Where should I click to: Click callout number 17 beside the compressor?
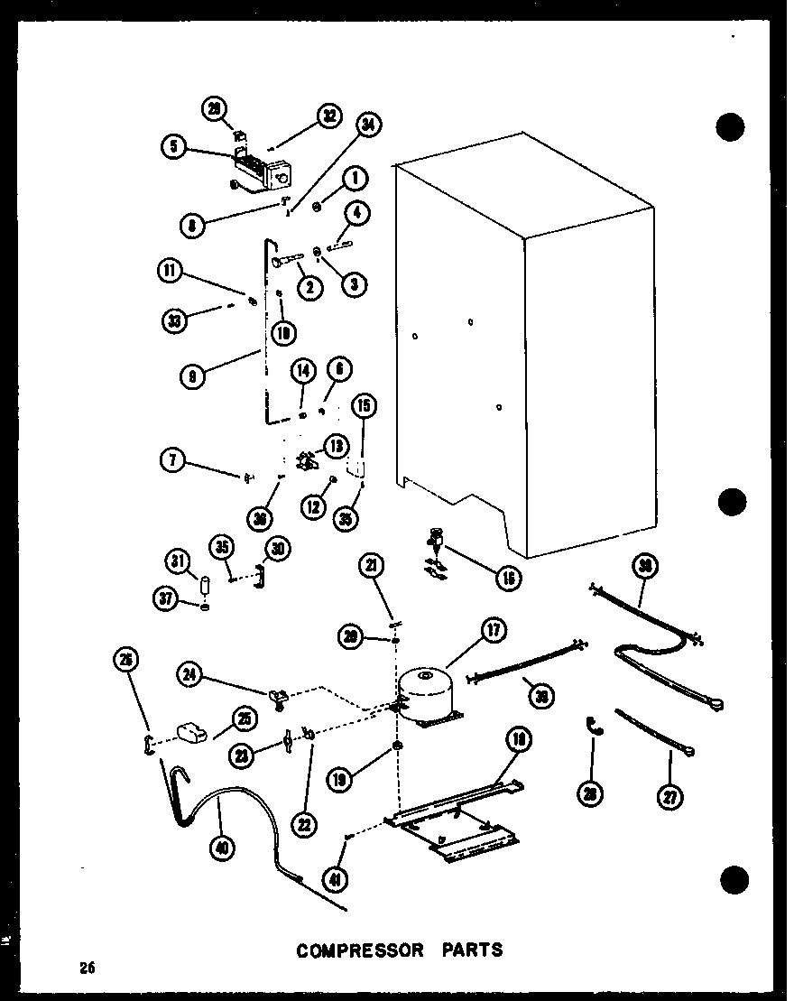[494, 631]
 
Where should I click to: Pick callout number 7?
[171, 461]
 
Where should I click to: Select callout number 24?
[190, 672]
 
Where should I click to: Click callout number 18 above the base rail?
[517, 739]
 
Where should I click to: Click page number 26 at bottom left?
[87, 969]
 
